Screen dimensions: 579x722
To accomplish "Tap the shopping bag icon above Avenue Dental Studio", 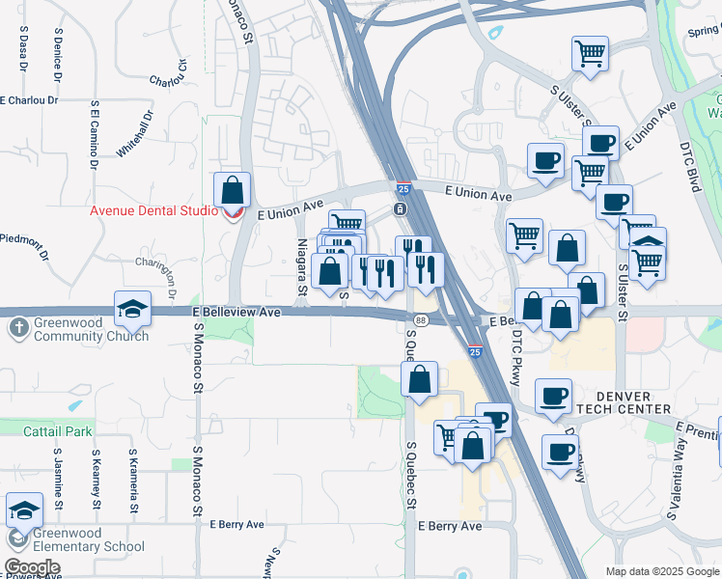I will (x=233, y=189).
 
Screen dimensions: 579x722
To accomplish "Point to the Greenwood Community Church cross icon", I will (x=17, y=328).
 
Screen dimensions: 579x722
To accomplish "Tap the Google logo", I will (x=32, y=567).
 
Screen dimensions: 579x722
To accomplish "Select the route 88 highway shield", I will (x=420, y=319).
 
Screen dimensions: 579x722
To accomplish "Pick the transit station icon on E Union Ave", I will (x=400, y=209).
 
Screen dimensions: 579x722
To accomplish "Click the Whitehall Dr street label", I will (x=134, y=134).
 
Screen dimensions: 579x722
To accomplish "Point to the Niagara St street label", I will (x=301, y=266).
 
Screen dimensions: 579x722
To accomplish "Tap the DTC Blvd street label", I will (x=692, y=164).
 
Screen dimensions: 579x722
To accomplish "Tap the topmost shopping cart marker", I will (x=590, y=53).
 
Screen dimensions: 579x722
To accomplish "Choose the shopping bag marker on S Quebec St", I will (x=420, y=379).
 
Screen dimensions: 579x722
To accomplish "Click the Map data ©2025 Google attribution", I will (x=661, y=571).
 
